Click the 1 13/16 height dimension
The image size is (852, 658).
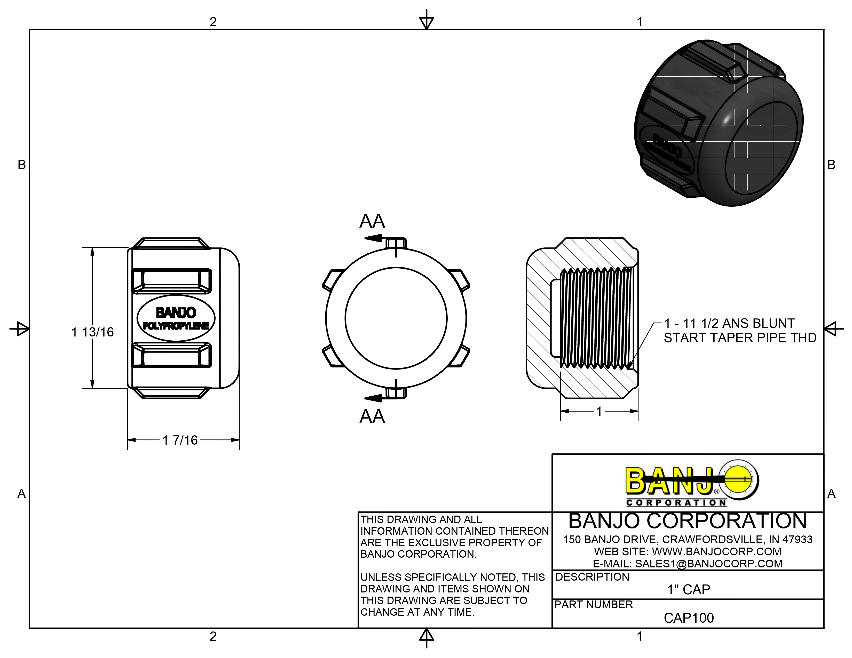92,332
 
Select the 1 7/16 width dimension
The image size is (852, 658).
180,440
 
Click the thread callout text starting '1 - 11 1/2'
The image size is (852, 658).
740,331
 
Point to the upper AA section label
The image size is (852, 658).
372,221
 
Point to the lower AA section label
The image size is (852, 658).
372,416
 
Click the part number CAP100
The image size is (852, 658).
689,618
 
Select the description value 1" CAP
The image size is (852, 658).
689,589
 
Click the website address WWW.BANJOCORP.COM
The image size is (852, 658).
717,552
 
